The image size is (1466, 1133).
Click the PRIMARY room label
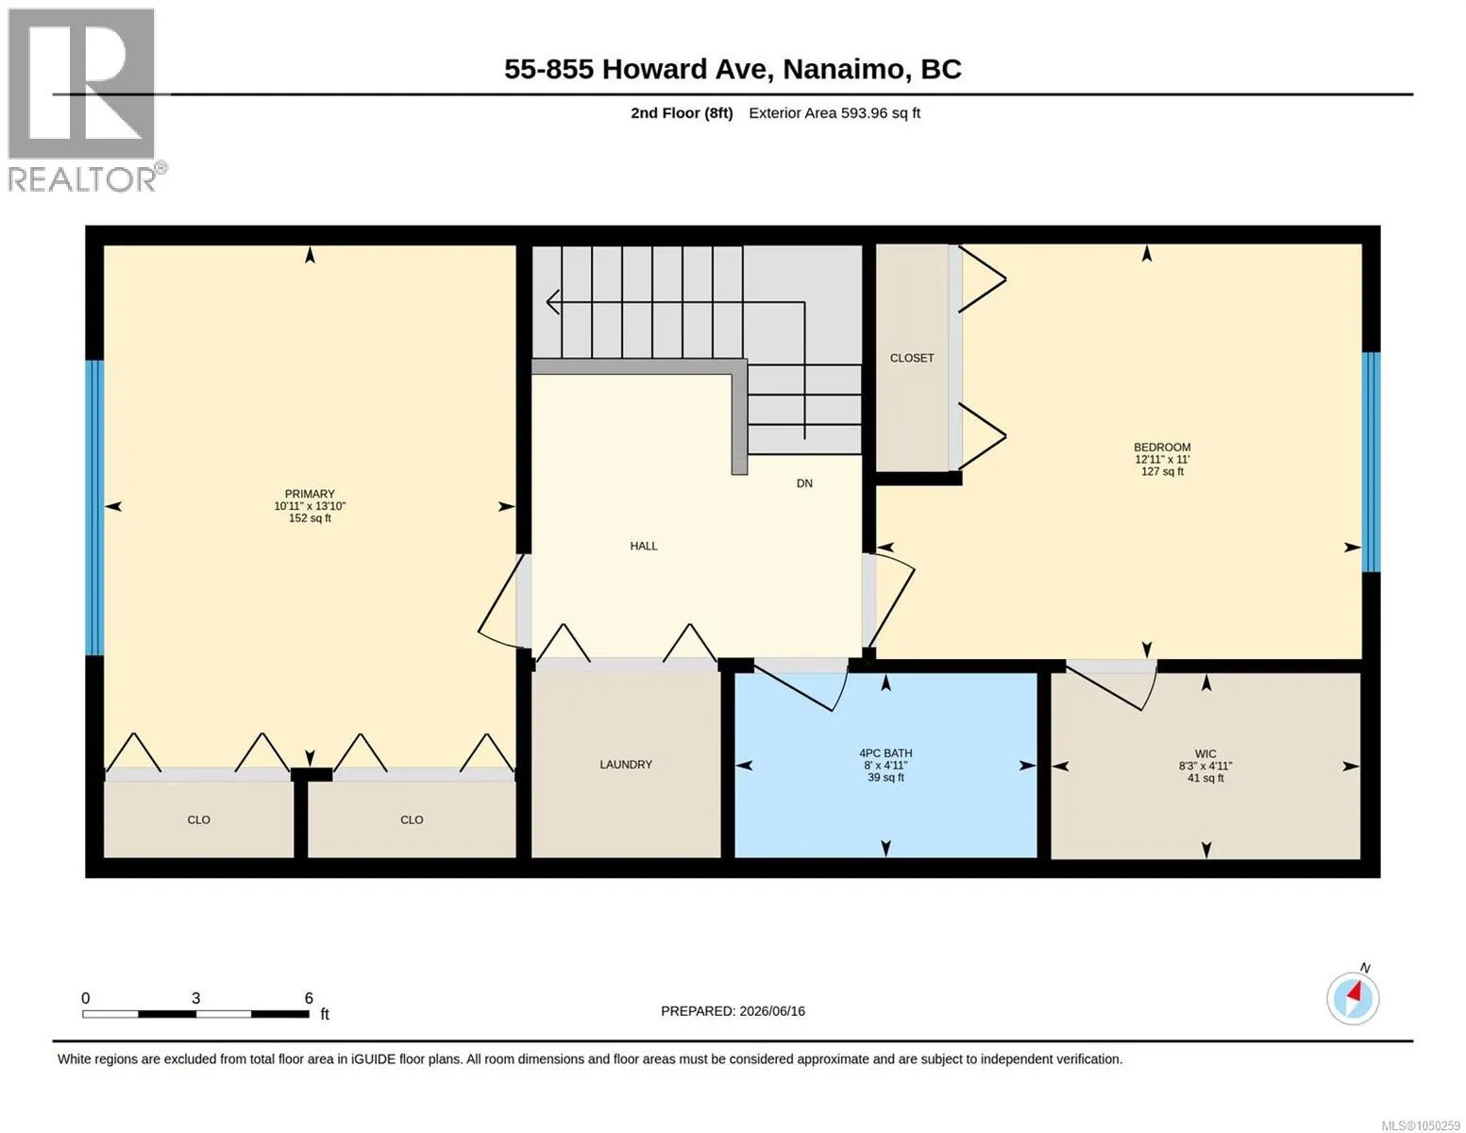click(310, 494)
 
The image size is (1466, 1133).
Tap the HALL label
click(644, 546)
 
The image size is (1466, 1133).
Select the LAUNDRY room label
click(626, 765)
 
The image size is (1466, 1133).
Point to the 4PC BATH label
click(885, 753)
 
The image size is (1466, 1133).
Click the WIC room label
click(1205, 753)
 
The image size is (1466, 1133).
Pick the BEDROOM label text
click(1162, 448)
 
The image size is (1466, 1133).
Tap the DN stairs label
click(805, 483)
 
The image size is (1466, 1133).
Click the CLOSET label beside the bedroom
click(912, 359)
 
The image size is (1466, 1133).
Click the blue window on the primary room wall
click(94, 507)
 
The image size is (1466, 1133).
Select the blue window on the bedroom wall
click(1372, 463)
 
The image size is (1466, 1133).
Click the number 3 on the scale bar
click(195, 997)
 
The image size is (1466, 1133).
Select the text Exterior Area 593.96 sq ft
click(834, 112)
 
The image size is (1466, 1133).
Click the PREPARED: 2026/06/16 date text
click(733, 1011)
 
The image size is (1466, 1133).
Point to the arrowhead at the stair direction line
click(552, 301)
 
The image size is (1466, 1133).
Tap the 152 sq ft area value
click(310, 518)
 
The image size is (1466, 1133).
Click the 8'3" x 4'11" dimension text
click(1205, 766)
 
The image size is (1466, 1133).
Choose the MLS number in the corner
click(1423, 1125)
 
